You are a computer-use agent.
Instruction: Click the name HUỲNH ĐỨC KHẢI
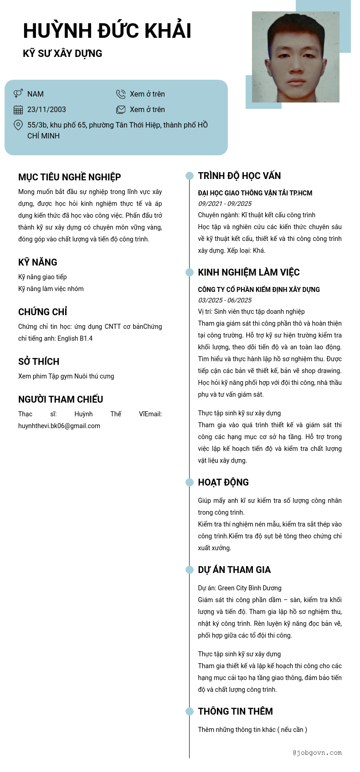coord(107,31)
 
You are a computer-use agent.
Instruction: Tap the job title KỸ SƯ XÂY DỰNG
coord(62,53)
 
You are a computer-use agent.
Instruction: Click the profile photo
coord(295,57)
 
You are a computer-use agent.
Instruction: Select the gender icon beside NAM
coord(18,93)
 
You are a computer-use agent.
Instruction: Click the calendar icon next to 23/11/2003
coord(18,109)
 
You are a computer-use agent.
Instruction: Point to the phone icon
coord(121,94)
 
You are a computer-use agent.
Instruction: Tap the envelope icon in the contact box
coord(121,109)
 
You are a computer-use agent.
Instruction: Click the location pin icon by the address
coord(18,125)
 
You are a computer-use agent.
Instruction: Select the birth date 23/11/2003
coord(46,109)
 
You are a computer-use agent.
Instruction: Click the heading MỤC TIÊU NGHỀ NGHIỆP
coord(69,177)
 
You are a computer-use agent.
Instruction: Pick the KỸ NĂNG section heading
coord(38,262)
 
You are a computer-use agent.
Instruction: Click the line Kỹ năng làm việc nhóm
coord(51,289)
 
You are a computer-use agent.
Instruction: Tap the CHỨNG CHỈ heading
coord(43,312)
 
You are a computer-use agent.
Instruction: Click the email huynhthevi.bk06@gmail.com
coord(59,426)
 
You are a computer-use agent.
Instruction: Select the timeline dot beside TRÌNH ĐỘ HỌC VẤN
coord(190,176)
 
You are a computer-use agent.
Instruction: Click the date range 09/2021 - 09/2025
coord(225,204)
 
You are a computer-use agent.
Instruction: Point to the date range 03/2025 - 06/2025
coord(225,300)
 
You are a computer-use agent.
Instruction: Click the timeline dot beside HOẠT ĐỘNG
coord(190,482)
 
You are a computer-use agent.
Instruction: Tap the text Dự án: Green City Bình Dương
coord(240,588)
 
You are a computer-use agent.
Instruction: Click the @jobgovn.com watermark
coord(317,753)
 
